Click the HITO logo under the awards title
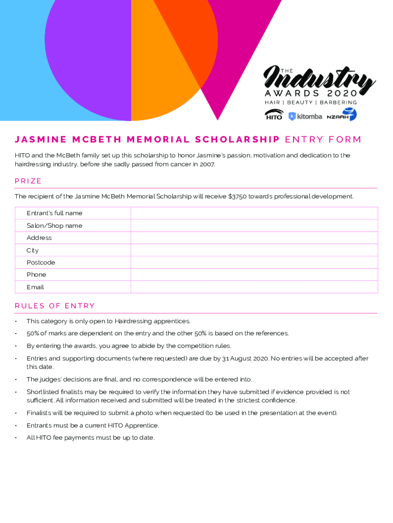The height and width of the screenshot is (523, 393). pyautogui.click(x=274, y=115)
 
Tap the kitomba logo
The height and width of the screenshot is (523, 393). pyautogui.click(x=305, y=116)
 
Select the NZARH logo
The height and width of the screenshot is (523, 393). pyautogui.click(x=341, y=115)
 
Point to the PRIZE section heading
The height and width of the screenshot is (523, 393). pyautogui.click(x=28, y=181)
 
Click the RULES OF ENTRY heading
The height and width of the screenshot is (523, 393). pyautogui.click(x=55, y=306)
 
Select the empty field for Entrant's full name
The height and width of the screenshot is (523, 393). pyautogui.click(x=254, y=213)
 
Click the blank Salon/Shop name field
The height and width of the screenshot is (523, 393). pyautogui.click(x=254, y=226)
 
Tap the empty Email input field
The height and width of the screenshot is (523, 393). pyautogui.click(x=254, y=287)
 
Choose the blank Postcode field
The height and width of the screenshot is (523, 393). pyautogui.click(x=254, y=263)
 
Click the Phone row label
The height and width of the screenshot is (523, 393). pyautogui.click(x=36, y=275)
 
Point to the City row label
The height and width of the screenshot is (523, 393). pyautogui.click(x=33, y=250)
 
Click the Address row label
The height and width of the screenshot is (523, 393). pyautogui.click(x=39, y=238)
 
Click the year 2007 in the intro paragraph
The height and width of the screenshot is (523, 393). pyautogui.click(x=207, y=164)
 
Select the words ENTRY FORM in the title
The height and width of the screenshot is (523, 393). pyautogui.click(x=323, y=139)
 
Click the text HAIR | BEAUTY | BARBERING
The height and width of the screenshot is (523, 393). pyautogui.click(x=310, y=103)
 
